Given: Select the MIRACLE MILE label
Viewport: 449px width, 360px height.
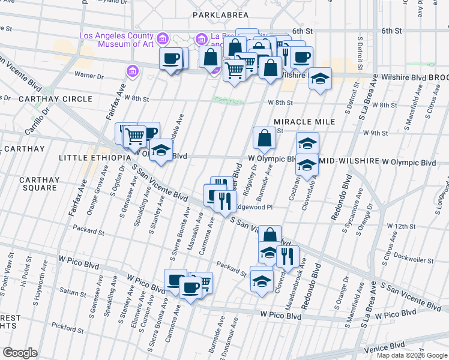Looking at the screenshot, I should [x=304, y=122].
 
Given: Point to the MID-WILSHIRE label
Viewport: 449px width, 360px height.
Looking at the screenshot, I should [x=349, y=162].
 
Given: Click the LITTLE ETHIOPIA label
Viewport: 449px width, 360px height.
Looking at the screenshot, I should [x=95, y=157].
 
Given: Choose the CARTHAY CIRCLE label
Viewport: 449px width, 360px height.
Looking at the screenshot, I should [x=55, y=98].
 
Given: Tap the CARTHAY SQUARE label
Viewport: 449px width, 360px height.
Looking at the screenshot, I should [x=40, y=184].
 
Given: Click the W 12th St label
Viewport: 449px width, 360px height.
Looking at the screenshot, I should [x=400, y=226].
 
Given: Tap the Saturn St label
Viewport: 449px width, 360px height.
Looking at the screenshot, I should [x=73, y=293].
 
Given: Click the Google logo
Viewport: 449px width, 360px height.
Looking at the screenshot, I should [x=20, y=353].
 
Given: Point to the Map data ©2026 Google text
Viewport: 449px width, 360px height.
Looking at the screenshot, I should [x=412, y=355].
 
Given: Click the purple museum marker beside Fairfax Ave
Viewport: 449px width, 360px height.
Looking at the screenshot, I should [x=132, y=72].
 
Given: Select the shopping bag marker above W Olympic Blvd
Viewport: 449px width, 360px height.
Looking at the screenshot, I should [x=264, y=138].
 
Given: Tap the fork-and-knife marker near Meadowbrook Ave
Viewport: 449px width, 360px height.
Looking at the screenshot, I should [x=288, y=256].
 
